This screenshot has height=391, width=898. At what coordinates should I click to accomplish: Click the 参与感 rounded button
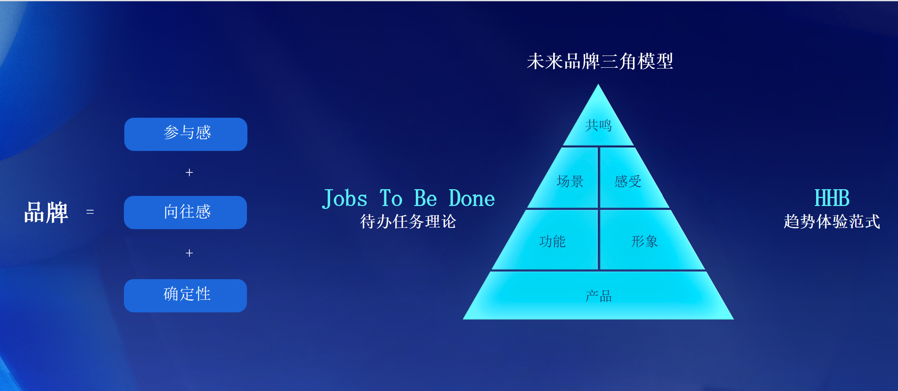click(x=186, y=134)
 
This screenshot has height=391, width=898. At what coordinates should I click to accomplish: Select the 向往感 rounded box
click(x=185, y=212)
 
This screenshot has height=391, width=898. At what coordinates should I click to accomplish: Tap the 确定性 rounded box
click(x=185, y=296)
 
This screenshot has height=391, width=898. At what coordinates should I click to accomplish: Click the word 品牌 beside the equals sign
click(x=46, y=212)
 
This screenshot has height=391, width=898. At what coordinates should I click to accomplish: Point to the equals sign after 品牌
click(x=90, y=211)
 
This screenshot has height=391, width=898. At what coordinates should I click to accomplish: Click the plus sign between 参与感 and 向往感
click(x=189, y=172)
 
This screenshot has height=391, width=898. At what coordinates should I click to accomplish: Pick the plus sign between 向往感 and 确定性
click(x=189, y=253)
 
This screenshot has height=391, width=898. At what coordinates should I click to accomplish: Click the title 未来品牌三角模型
click(x=600, y=61)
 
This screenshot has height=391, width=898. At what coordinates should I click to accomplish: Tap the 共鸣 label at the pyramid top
click(x=599, y=125)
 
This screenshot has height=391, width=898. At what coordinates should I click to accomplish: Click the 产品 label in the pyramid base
click(x=599, y=296)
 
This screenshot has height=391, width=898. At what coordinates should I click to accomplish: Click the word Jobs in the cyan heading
click(x=345, y=198)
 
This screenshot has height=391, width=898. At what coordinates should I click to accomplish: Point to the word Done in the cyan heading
click(x=472, y=198)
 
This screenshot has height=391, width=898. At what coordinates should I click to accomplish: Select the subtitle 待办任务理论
click(x=408, y=221)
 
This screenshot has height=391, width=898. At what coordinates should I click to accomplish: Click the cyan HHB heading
click(x=832, y=198)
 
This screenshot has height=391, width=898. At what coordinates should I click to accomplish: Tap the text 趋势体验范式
click(x=832, y=221)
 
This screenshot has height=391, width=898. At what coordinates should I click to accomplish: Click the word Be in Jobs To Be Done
click(x=425, y=198)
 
